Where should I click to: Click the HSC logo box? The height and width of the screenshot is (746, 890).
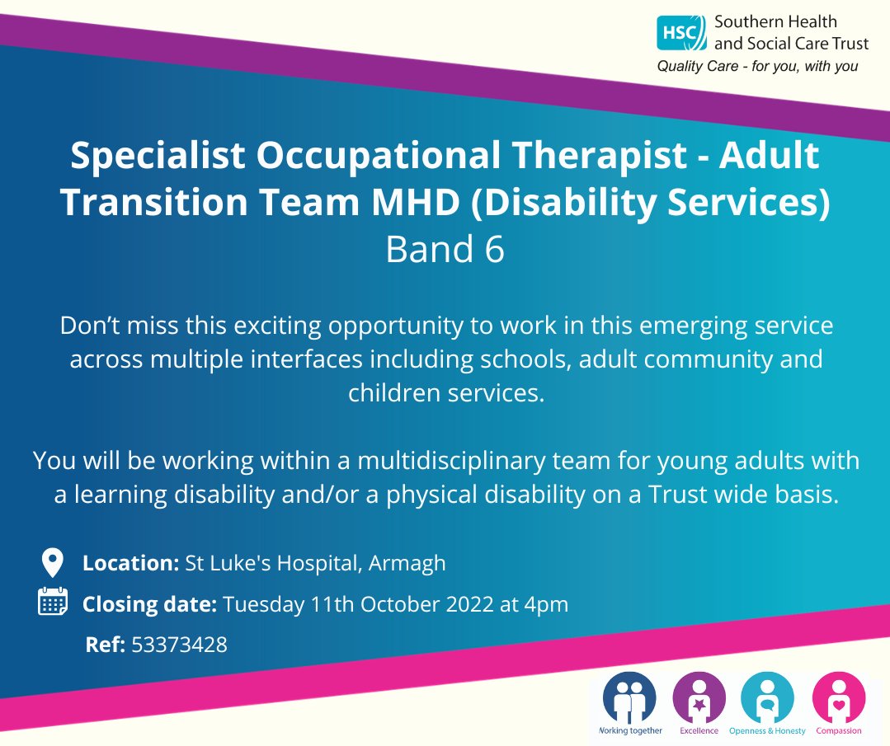click(x=681, y=34)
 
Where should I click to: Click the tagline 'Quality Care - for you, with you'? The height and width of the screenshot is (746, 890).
click(x=757, y=67)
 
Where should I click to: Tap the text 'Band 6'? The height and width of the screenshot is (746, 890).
click(x=445, y=251)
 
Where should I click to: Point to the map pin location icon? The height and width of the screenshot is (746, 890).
click(x=52, y=564)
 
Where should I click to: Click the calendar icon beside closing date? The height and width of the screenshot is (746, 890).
click(x=53, y=603)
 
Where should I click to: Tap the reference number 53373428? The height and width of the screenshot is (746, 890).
click(x=179, y=645)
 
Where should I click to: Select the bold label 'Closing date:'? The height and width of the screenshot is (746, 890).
click(x=149, y=604)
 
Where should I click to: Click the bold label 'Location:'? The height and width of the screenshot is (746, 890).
click(x=130, y=564)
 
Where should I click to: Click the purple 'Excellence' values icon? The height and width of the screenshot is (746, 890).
click(x=699, y=697)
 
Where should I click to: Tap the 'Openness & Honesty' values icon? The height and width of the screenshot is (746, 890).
click(x=767, y=697)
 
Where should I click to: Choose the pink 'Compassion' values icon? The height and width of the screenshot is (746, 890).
click(x=838, y=697)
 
